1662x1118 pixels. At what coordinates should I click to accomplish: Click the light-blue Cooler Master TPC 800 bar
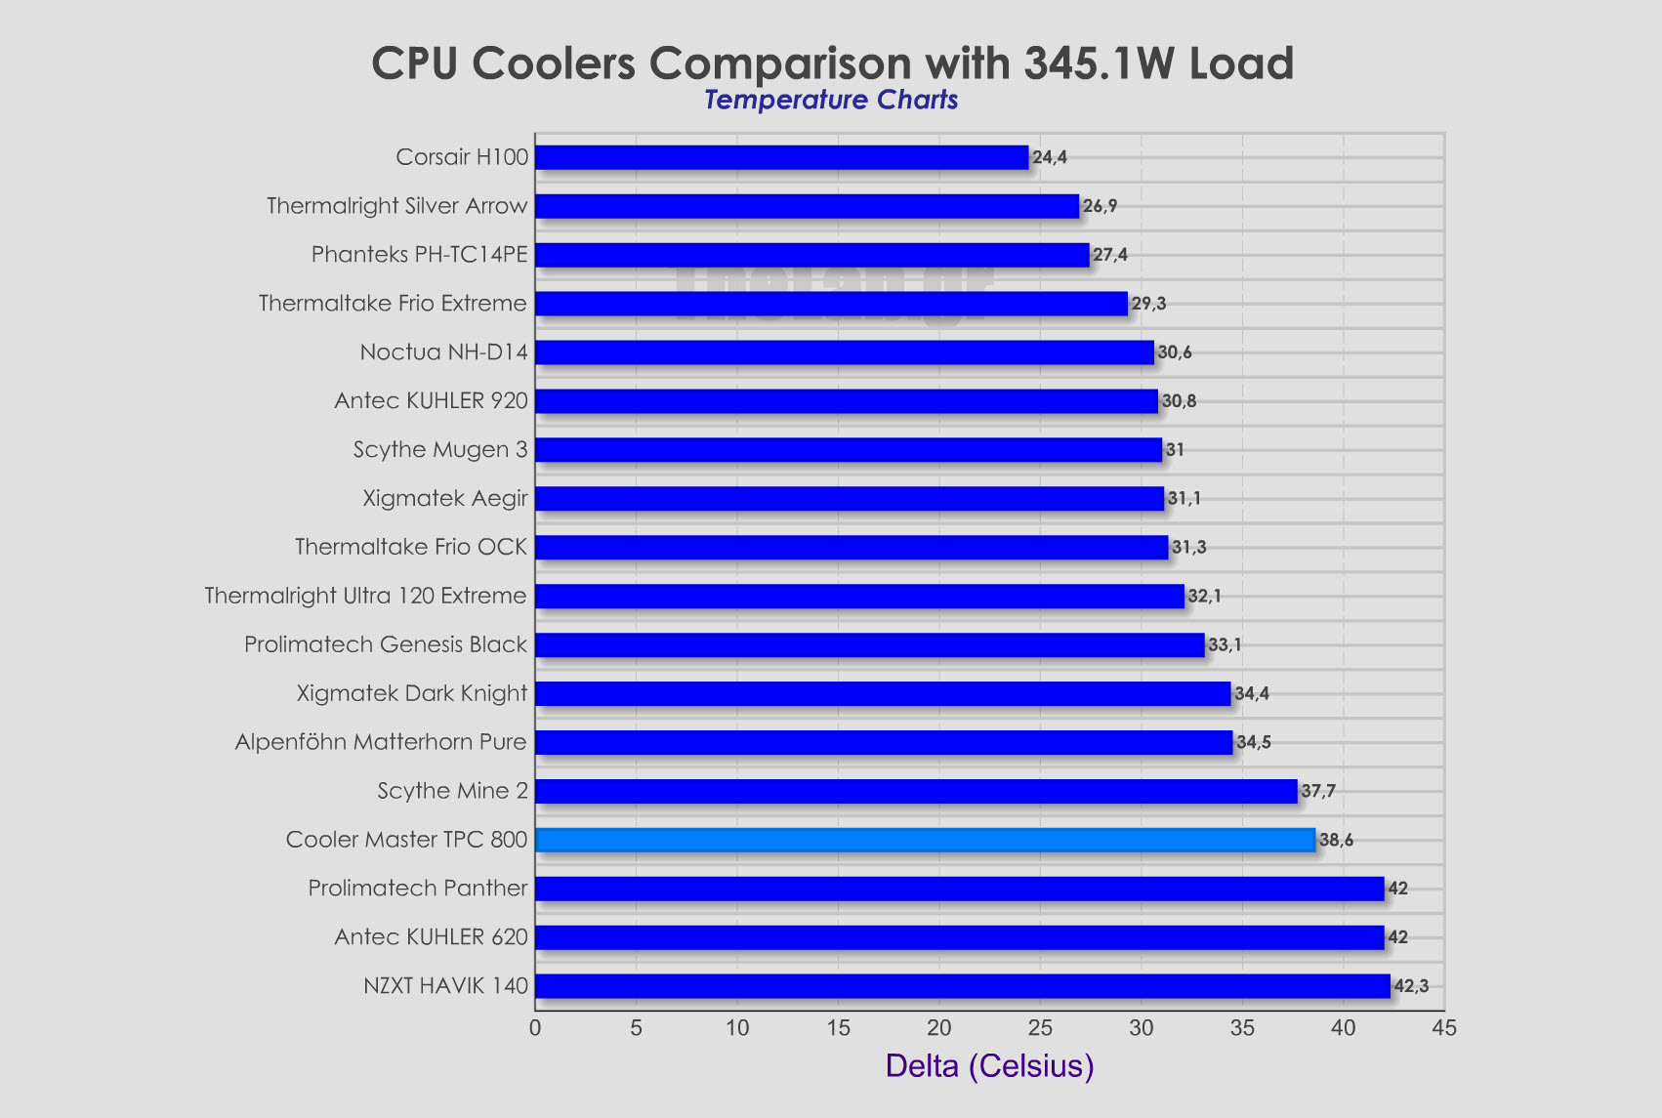click(925, 840)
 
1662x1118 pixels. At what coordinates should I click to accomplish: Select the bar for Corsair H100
click(781, 157)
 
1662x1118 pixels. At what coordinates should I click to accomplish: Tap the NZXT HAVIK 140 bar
click(962, 986)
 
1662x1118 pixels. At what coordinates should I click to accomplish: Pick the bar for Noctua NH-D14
click(844, 352)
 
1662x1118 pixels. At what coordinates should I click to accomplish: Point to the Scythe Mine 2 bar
click(916, 791)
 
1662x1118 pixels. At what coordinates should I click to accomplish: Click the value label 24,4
click(1050, 157)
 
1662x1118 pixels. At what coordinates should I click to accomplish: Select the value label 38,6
click(1336, 840)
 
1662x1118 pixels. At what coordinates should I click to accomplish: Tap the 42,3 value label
click(1411, 986)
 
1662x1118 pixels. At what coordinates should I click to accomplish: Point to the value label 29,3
click(1148, 304)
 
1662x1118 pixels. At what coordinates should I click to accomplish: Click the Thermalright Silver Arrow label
click(396, 206)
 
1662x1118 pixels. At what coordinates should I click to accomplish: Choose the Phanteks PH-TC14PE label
click(419, 255)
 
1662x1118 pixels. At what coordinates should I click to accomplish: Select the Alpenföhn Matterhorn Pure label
click(381, 742)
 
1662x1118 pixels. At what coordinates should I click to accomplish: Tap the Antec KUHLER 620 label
click(431, 937)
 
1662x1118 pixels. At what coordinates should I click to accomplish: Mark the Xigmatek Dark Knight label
click(412, 693)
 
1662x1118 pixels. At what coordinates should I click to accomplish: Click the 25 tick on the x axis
click(1040, 1028)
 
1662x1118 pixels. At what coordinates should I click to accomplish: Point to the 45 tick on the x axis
click(1443, 1028)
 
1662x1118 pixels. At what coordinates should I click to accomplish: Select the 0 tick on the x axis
click(535, 1028)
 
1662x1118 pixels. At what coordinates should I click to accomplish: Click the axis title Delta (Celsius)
click(989, 1065)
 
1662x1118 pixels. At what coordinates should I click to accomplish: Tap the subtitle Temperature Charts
click(831, 100)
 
